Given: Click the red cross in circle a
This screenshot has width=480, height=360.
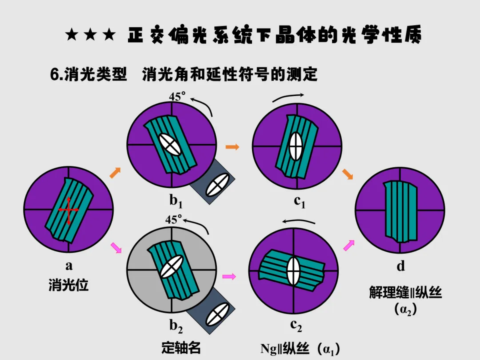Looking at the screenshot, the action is [x=68, y=210].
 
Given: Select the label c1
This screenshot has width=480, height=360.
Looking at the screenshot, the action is [x=300, y=202].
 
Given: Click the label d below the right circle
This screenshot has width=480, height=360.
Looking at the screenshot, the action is [x=401, y=266].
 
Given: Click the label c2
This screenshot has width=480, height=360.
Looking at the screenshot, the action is [x=296, y=326].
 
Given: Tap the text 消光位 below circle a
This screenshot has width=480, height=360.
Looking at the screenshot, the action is [x=68, y=285].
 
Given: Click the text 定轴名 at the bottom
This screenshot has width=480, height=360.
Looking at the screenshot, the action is [x=181, y=348].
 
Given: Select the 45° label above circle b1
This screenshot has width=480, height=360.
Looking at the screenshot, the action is [x=177, y=96].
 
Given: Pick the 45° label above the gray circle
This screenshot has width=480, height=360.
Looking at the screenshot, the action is [x=174, y=220].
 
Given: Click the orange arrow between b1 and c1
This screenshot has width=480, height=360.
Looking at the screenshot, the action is [x=232, y=147].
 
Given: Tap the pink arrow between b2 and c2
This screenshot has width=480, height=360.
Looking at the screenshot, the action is [x=229, y=276].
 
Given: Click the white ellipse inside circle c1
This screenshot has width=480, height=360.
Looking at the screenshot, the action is [x=296, y=146].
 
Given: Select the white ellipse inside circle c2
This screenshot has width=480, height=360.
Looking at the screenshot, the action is [x=293, y=271].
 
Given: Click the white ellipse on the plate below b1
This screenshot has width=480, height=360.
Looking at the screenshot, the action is [x=217, y=185].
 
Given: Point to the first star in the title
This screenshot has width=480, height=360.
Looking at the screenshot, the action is [x=72, y=35].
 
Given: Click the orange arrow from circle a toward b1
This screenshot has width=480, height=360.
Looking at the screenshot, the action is [x=115, y=172].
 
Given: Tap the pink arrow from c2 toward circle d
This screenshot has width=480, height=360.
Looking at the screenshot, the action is [x=349, y=245].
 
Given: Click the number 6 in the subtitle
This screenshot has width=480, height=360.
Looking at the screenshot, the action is [x=55, y=74].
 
